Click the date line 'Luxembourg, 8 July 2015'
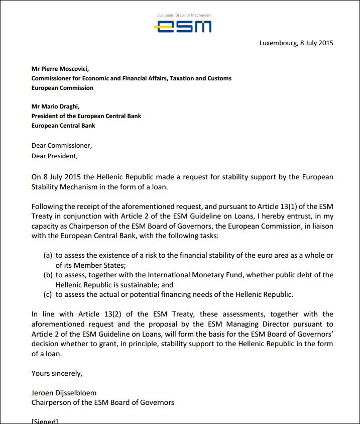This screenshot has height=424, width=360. [x=296, y=43]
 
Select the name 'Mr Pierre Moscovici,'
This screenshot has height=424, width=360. [x=60, y=69]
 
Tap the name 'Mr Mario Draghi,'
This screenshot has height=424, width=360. [x=55, y=107]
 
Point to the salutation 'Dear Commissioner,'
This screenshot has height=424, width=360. [x=62, y=146]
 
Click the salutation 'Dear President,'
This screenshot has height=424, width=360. [x=55, y=156]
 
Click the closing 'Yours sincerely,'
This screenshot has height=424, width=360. [x=57, y=373]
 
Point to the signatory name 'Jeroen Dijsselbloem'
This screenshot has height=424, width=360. [x=64, y=392]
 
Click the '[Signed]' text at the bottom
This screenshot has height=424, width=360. [x=45, y=420]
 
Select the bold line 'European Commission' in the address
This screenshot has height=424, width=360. [x=62, y=88]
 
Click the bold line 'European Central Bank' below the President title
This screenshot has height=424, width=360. [x=63, y=125]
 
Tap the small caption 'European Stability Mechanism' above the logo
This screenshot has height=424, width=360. [x=184, y=15]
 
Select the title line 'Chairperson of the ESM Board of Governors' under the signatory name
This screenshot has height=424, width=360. [x=102, y=402]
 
